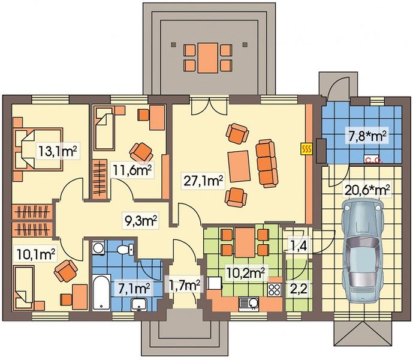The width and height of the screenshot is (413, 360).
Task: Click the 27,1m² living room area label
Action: (203, 181)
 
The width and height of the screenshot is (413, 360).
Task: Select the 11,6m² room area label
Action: (132, 171)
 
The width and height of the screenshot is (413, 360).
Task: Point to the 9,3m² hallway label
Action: (141, 221)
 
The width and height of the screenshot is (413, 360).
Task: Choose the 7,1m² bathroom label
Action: (134, 289)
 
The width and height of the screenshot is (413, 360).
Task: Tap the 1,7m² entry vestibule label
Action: (184, 284)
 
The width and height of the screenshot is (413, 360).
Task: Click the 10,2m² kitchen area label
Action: (246, 273)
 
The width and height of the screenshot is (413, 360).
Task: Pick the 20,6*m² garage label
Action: (366, 190)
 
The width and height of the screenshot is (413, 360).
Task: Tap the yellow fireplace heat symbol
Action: (306, 149)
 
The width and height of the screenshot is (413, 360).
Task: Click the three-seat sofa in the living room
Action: (267, 164)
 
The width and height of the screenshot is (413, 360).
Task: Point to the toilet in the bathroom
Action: (125, 249)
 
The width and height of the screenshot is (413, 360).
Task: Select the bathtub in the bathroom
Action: (101, 292)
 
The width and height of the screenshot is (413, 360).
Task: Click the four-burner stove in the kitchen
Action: (274, 289)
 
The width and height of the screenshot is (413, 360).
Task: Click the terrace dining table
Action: (208, 58)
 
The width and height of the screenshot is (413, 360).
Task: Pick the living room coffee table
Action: (239, 166)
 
